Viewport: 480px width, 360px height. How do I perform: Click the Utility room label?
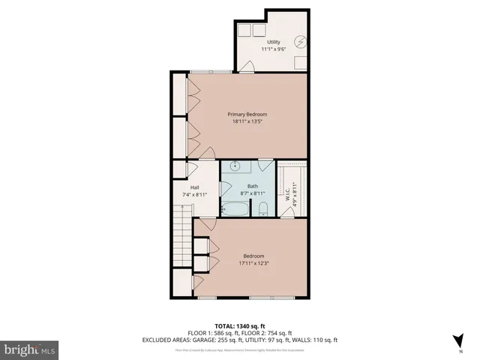[273, 42]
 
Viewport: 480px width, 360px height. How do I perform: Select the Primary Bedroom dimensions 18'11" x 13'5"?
[247, 121]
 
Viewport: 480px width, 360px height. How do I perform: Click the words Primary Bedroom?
[247, 114]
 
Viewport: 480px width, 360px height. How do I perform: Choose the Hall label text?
[194, 187]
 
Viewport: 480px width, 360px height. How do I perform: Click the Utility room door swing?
[247, 67]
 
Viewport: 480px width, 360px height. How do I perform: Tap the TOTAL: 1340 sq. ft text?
[240, 326]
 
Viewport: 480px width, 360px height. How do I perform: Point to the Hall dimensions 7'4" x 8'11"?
[194, 195]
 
